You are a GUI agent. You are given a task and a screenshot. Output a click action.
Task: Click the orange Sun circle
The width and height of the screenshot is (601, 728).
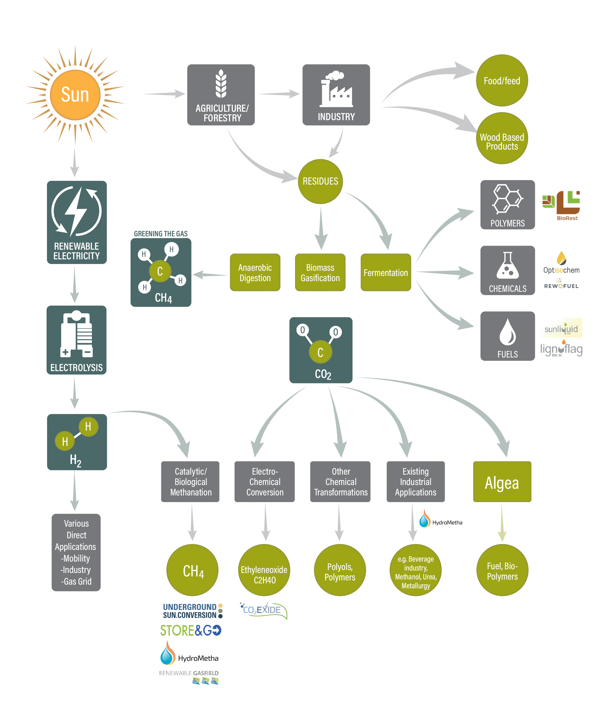tap(75, 95)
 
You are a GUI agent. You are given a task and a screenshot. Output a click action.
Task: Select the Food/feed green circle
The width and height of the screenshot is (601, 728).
tap(502, 80)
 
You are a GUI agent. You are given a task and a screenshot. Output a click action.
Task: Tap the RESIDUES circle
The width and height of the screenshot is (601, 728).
tap(320, 181)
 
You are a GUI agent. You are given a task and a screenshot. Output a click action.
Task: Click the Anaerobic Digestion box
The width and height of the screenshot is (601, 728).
tap(255, 272)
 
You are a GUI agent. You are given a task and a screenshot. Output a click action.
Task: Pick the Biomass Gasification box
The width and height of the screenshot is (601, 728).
tap(320, 272)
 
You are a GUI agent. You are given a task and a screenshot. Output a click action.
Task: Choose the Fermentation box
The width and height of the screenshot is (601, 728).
tap(386, 272)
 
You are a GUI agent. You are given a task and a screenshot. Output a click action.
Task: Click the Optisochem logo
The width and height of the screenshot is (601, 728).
tap(561, 263)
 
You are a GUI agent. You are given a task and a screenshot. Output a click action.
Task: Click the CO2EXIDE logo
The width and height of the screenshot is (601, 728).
tap(263, 611)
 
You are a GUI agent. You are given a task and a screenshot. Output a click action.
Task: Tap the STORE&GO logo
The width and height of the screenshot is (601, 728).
tap(191, 630)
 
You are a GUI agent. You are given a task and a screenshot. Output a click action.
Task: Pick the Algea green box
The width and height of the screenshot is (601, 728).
tap(502, 482)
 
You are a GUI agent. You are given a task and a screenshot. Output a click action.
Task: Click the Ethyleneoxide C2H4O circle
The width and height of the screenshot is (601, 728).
tap(264, 570)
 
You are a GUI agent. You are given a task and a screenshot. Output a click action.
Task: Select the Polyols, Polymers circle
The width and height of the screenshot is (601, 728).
tap(340, 570)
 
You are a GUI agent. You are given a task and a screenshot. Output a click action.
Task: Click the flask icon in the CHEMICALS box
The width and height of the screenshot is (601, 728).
tap(508, 265)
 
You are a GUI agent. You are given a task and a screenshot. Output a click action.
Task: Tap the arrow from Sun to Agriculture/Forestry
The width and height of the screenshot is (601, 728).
tap(165, 94)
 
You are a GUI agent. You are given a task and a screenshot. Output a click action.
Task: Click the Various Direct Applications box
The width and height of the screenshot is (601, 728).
tap(76, 552)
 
